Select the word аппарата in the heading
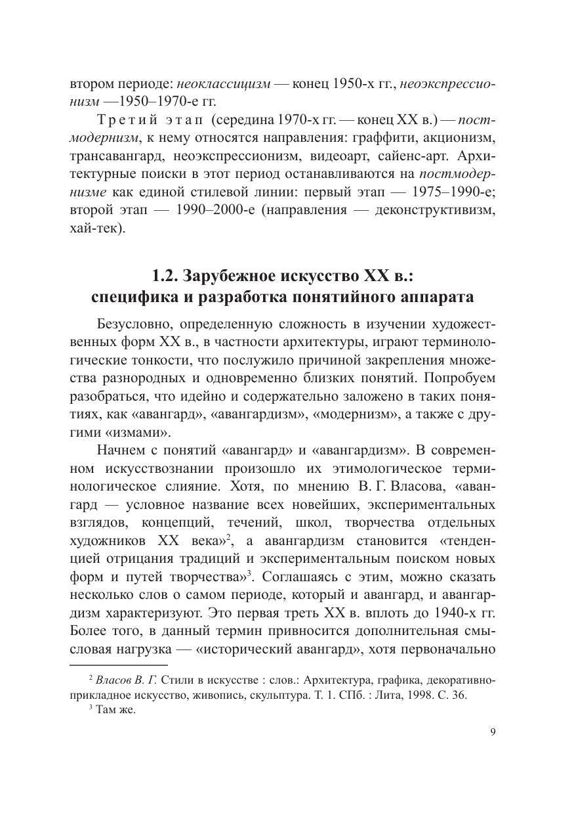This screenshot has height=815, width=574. [x=434, y=296]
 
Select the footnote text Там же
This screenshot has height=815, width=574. [x=115, y=710]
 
